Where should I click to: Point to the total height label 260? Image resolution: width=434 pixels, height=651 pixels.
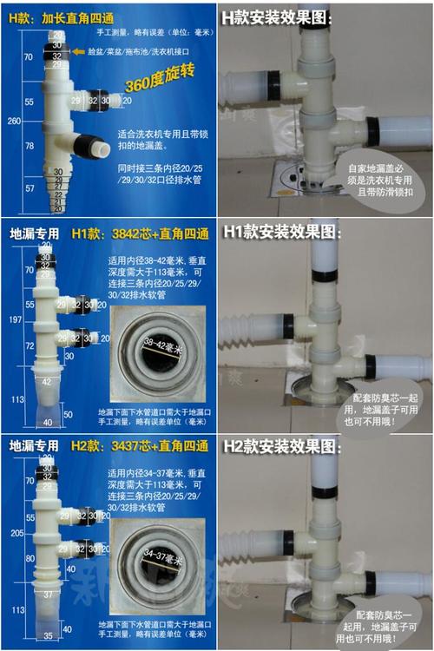click(11, 122)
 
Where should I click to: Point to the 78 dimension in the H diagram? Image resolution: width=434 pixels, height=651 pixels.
click(28, 146)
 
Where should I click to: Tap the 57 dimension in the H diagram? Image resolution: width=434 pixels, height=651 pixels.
click(28, 187)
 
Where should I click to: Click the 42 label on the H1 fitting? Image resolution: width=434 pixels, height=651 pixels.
click(46, 380)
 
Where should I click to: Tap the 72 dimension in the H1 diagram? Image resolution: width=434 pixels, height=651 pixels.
click(28, 346)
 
